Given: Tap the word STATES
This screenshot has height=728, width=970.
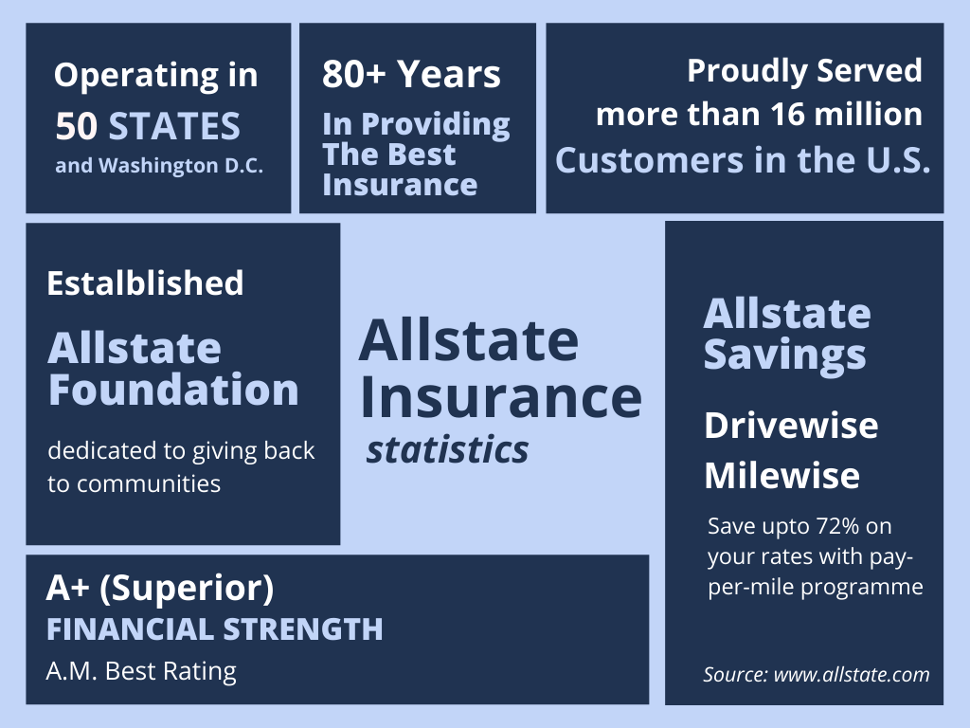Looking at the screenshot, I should point(174,126).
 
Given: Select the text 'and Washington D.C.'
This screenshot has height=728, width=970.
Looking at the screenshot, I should point(158,165).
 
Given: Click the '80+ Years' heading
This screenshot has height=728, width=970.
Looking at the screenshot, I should point(411,75).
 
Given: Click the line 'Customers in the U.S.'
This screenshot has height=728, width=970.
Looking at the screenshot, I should point(743,159).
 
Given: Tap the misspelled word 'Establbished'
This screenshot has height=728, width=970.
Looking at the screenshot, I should point(145,282).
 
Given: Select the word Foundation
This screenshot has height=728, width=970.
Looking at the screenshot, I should point(173,390).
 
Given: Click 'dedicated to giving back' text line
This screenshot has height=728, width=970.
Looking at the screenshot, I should point(181,450).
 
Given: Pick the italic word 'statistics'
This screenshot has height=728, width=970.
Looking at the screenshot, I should point(447,450).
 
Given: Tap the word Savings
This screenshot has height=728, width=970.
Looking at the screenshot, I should point(784,355).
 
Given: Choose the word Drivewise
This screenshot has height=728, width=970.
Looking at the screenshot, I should point(791,426).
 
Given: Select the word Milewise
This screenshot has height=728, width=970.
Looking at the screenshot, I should point(781,475).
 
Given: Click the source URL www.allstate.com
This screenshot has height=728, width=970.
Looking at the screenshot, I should point(852,675).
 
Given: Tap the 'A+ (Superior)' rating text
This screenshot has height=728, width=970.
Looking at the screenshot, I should point(160,589).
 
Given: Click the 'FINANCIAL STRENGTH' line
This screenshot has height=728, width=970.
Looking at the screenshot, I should point(215,629).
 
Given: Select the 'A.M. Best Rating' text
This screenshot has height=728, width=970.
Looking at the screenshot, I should point(141,671).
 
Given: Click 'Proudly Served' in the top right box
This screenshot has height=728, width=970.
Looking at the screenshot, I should point(804,70).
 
